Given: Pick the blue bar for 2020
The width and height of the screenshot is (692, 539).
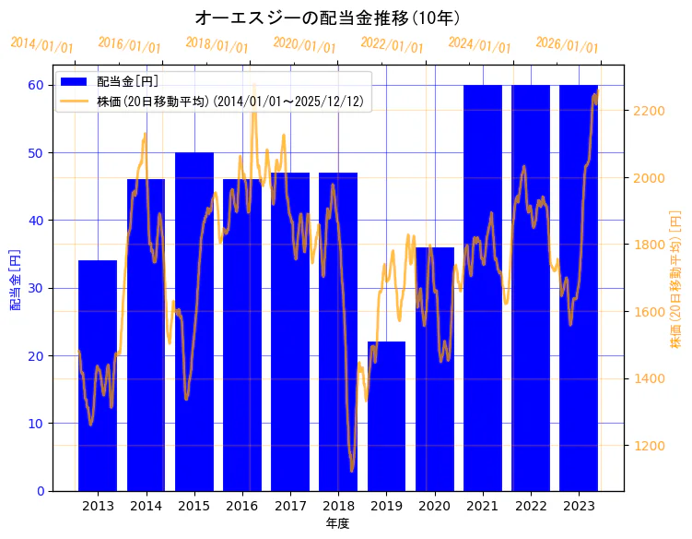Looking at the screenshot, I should tap(434, 369).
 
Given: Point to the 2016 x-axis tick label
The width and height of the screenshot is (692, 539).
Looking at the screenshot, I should tap(242, 506).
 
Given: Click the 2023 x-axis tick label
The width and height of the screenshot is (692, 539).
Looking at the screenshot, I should tap(579, 506).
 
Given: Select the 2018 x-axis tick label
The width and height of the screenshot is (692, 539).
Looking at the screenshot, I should tap(338, 506).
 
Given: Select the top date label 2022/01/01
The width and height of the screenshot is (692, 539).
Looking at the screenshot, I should tap(393, 44).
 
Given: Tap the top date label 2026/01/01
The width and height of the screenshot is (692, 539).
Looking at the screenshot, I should tap(568, 46).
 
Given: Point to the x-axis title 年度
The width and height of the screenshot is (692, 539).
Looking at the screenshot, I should tap(338, 523).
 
